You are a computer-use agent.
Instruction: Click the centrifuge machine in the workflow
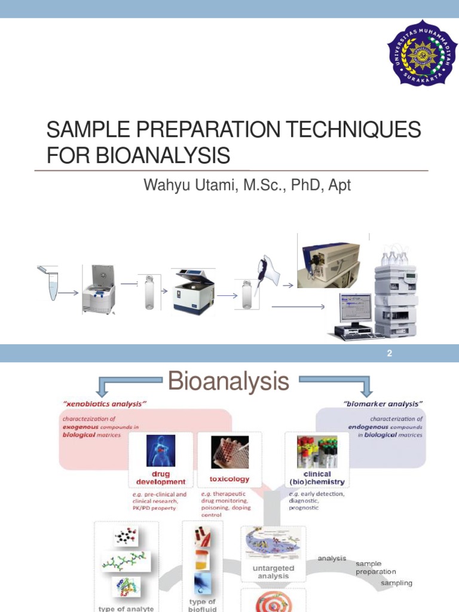pyautogui.click(x=99, y=290)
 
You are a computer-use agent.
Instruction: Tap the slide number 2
pyautogui.click(x=389, y=354)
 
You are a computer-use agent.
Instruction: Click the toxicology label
pyautogui.click(x=229, y=479)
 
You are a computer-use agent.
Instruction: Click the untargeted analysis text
pyautogui.click(x=273, y=572)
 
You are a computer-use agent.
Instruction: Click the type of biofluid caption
pyautogui.click(x=202, y=605)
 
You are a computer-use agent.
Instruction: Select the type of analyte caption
pyautogui.click(x=126, y=608)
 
